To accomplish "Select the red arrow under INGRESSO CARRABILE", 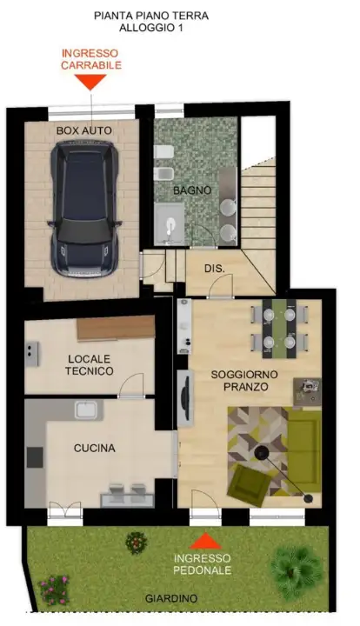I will coord(90,82).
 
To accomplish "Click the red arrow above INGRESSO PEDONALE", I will coord(205,540).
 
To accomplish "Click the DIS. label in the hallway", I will coord(214,269).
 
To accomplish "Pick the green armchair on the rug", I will coord(250,483).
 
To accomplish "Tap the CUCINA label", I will coord(94,448).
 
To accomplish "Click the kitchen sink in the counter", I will coord(88,410).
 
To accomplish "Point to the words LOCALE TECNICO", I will coord(90,364).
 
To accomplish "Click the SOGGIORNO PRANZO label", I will coord(238,380).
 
